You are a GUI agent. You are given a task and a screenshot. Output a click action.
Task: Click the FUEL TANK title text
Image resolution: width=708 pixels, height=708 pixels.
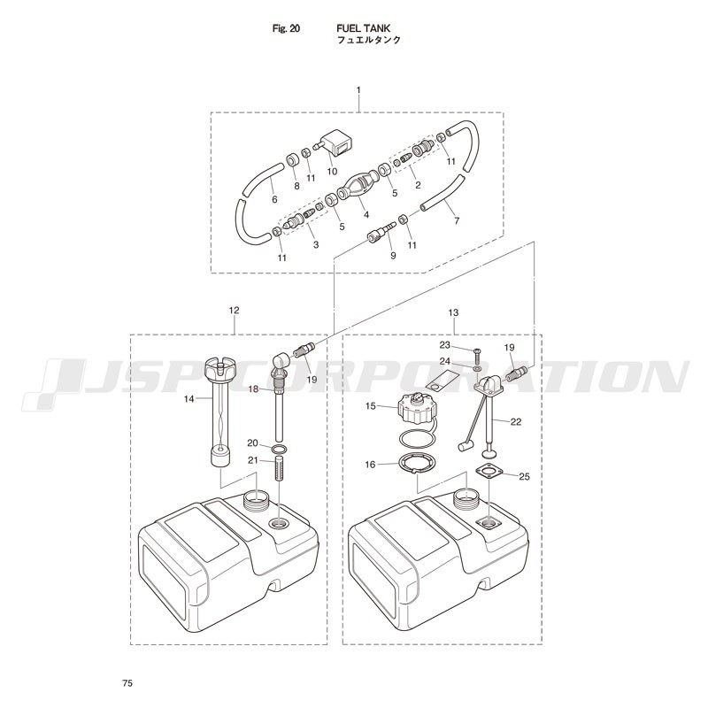point(363,28)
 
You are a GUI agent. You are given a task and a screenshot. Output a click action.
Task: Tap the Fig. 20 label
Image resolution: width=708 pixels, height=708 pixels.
point(286,28)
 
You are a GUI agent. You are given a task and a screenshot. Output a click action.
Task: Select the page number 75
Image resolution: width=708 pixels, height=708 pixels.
point(127,683)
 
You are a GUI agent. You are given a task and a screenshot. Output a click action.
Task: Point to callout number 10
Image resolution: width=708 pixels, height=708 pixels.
point(333,172)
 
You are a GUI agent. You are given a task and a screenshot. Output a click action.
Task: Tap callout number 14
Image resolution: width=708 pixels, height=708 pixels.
point(189,399)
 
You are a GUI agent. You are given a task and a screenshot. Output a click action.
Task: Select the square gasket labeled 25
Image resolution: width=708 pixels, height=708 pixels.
point(489,472)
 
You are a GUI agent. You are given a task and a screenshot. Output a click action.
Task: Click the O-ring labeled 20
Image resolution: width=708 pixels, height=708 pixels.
point(279,450)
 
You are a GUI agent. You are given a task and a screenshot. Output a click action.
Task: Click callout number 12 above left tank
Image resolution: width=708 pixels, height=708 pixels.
point(234,311)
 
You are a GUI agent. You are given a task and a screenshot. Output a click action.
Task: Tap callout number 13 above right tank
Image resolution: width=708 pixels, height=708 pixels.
point(453,312)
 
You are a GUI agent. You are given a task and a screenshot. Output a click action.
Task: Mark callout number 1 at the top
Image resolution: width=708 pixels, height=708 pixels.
point(358,90)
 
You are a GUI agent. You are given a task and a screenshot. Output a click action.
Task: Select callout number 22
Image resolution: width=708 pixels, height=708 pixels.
point(516,422)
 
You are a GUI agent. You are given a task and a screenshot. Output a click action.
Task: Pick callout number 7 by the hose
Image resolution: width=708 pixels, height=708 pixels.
point(457,220)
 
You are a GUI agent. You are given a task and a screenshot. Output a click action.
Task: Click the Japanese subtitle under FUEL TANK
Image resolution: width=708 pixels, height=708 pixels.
point(369,40)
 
